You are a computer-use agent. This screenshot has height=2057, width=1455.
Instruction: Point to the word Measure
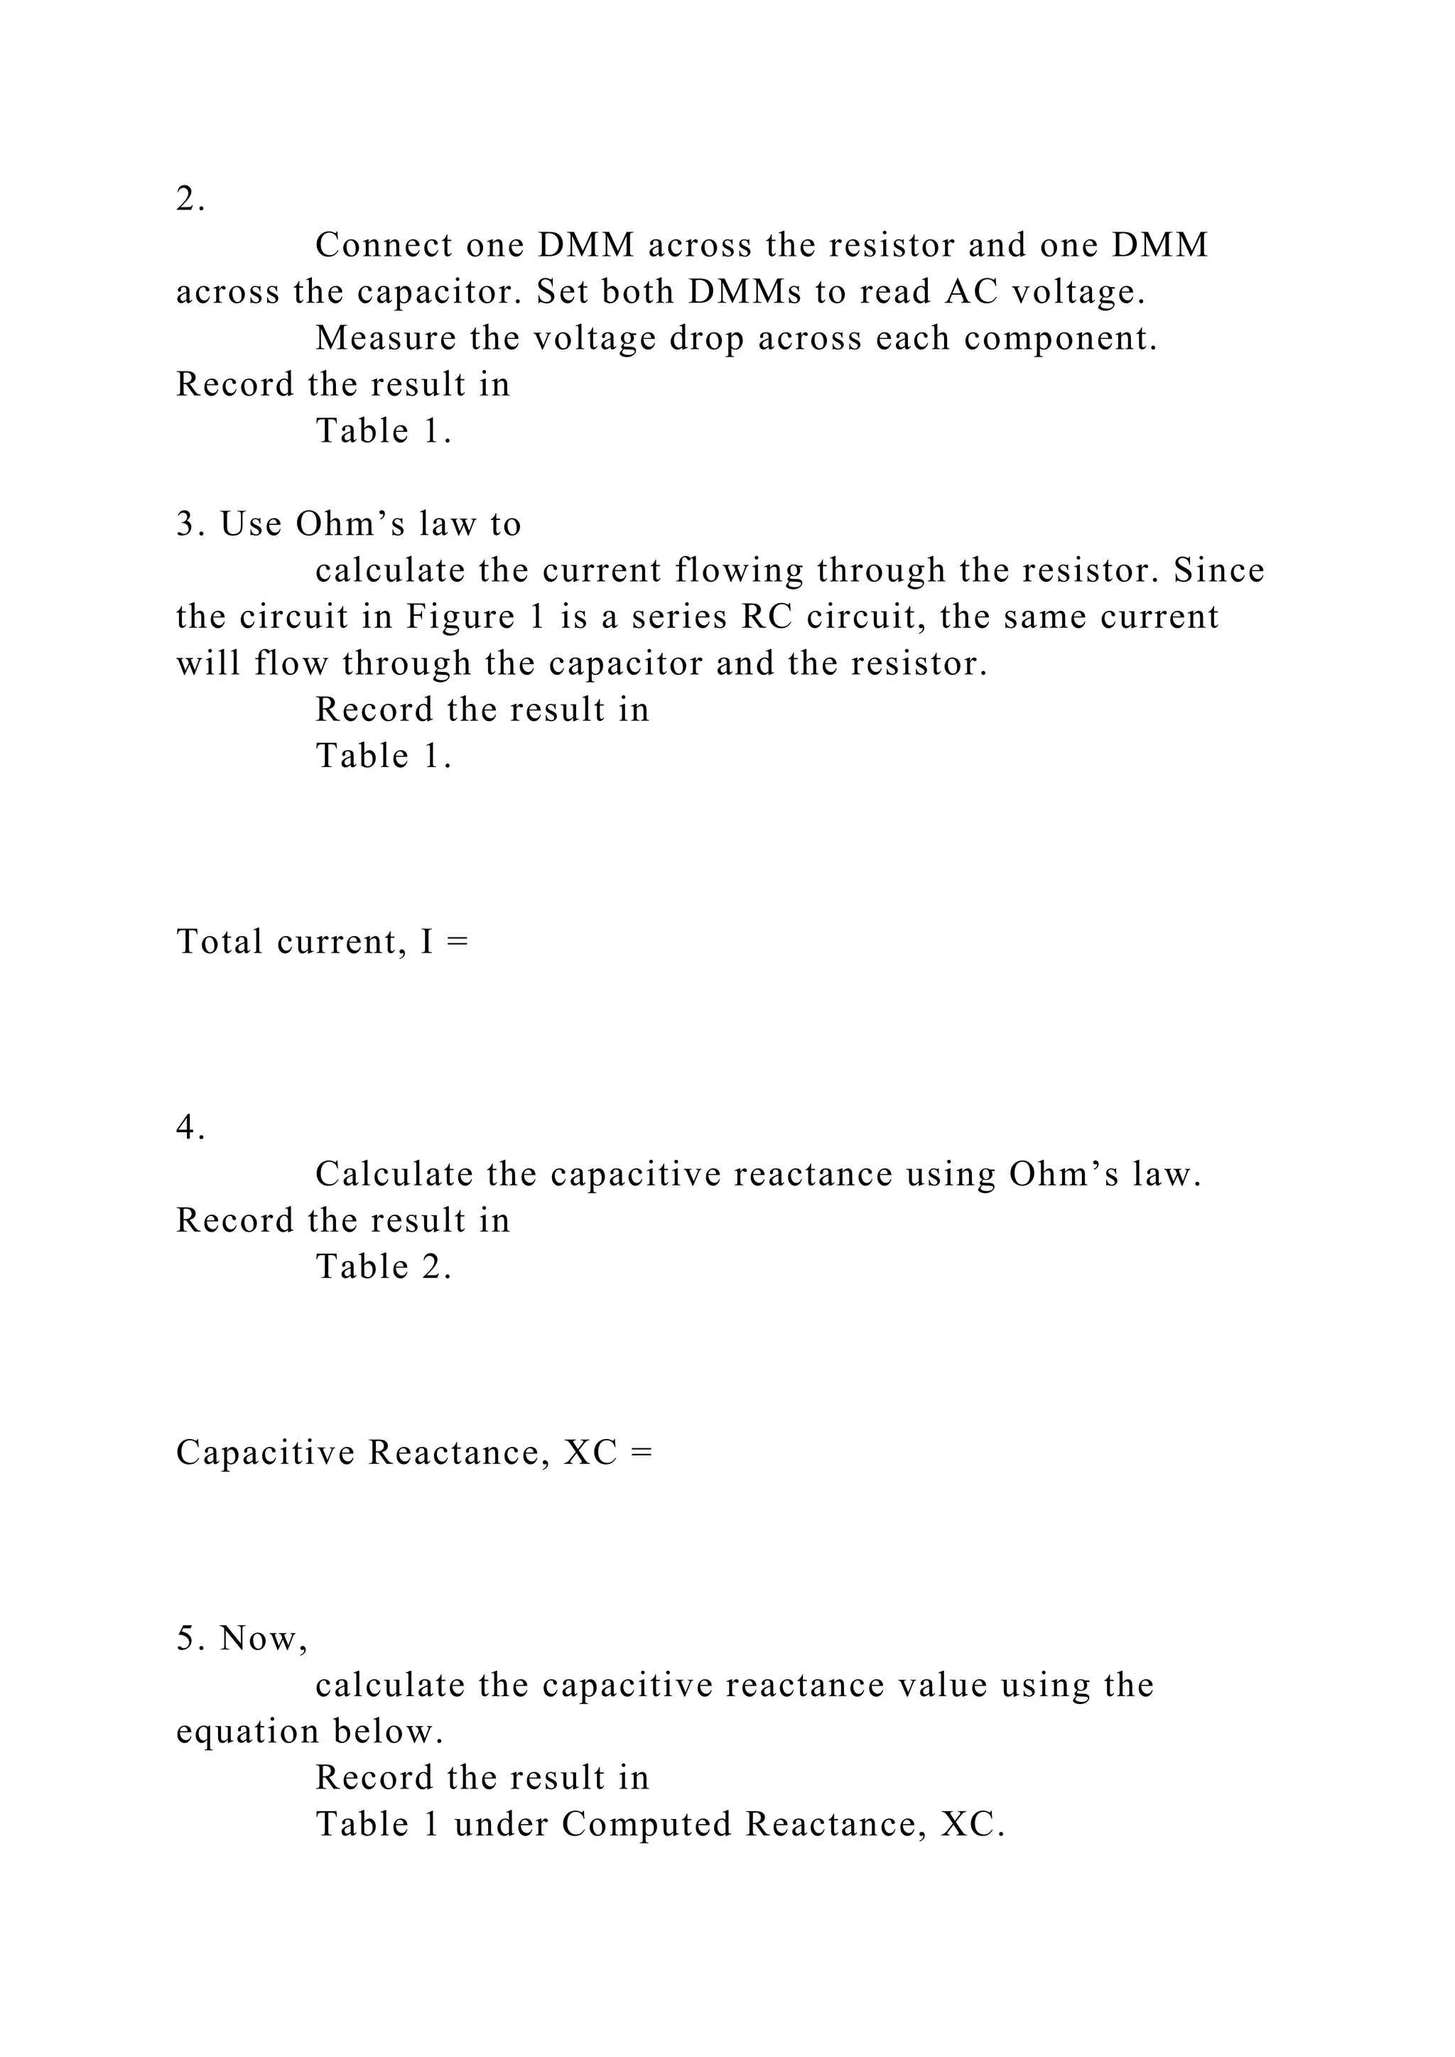click(385, 338)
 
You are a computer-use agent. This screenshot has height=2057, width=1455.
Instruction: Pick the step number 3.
click(184, 524)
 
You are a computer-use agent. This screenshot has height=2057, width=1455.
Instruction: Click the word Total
click(219, 942)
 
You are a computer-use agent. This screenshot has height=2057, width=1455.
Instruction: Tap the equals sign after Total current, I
click(457, 942)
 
